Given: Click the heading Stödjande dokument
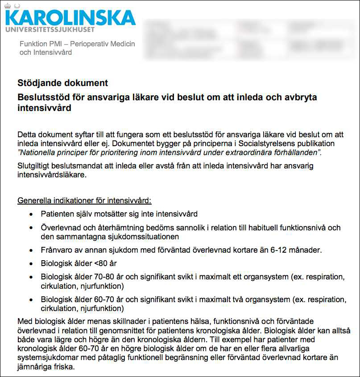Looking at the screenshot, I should (62, 83).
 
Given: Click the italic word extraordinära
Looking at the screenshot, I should (245, 152).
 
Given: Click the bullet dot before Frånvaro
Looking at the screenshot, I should (30, 250).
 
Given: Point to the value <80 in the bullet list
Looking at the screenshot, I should (100, 263).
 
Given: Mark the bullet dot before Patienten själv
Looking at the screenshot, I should (30, 214).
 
